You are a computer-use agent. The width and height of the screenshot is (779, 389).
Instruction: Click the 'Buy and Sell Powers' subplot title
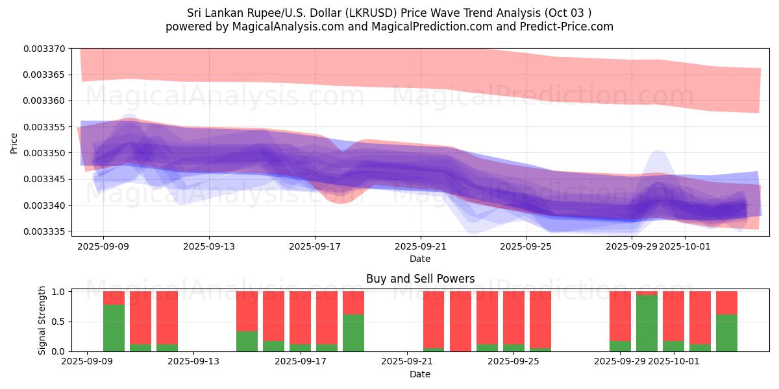pyautogui.click(x=420, y=279)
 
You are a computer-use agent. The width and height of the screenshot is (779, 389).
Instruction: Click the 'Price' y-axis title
pyautogui.click(x=14, y=143)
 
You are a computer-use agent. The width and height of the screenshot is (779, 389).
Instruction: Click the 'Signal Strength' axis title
pyautogui.click(x=42, y=321)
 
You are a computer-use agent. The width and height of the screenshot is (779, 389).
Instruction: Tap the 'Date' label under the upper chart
pyautogui.click(x=420, y=259)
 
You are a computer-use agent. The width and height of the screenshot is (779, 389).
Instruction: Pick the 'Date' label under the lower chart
pyautogui.click(x=420, y=374)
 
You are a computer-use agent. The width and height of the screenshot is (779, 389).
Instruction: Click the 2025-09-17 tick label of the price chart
pyautogui.click(x=315, y=246)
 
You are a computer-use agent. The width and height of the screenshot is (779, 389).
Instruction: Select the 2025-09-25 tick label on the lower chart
pyautogui.click(x=513, y=361)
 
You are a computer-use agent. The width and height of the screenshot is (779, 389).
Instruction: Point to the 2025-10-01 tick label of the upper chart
pyautogui.click(x=686, y=246)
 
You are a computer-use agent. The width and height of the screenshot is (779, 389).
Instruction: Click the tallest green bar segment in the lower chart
pyautogui.click(x=647, y=323)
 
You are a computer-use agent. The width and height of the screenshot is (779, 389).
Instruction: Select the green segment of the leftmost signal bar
pyautogui.click(x=114, y=328)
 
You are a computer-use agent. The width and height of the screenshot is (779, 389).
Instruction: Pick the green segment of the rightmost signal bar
pyautogui.click(x=726, y=333)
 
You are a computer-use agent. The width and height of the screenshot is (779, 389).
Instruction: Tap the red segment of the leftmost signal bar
pyautogui.click(x=114, y=298)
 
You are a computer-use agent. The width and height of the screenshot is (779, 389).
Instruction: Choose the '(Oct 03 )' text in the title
pyautogui.click(x=568, y=13)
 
